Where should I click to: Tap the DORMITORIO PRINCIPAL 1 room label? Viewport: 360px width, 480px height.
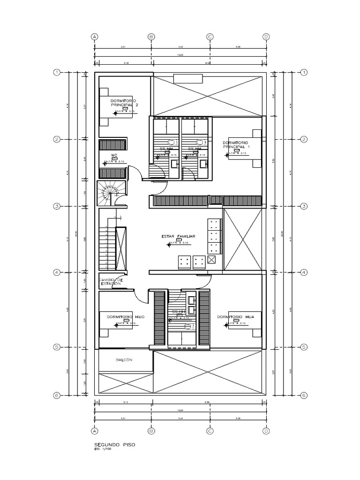(x=236, y=144)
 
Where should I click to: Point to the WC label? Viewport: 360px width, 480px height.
(x=113, y=155)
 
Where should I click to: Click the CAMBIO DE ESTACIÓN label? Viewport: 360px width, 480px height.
(x=111, y=282)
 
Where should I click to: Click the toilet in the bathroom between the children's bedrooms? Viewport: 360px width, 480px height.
(x=187, y=327)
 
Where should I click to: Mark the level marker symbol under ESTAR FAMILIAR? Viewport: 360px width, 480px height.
(x=179, y=240)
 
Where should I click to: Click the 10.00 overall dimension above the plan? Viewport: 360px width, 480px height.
(x=180, y=55)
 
